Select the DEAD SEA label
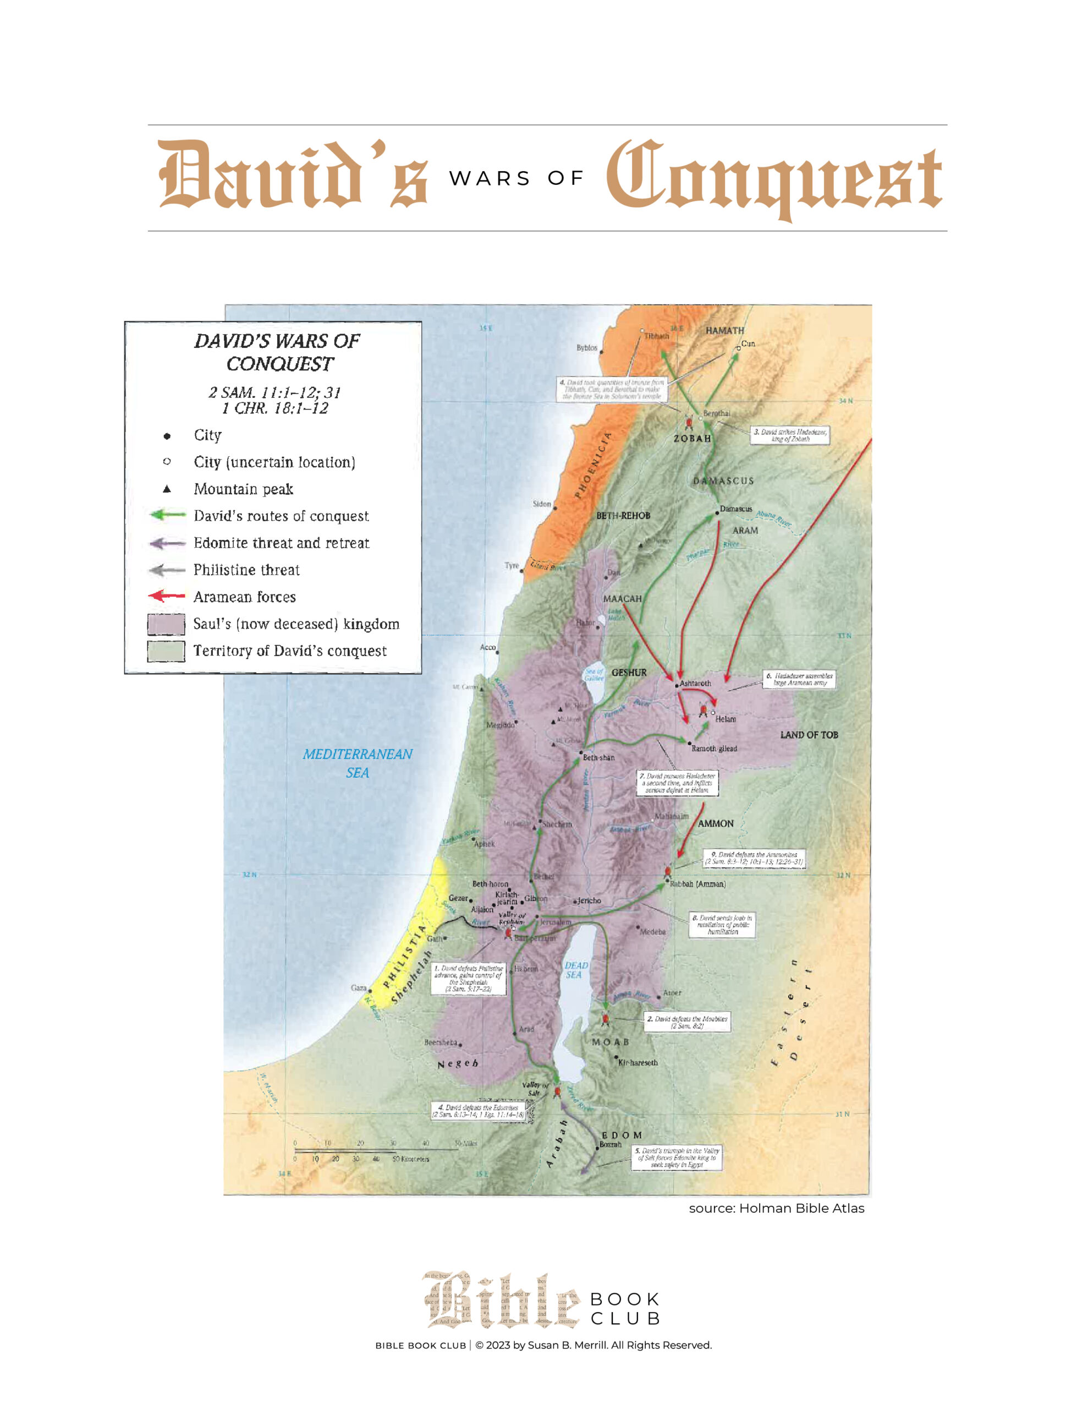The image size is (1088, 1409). [x=575, y=970]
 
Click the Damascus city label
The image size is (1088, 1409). [x=735, y=509]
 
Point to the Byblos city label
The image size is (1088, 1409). [x=586, y=348]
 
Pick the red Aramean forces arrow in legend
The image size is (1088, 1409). [x=167, y=596]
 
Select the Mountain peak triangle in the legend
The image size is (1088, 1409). [x=167, y=489]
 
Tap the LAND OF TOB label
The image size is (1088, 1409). [x=808, y=735]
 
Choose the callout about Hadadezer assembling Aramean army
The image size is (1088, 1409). [x=799, y=679]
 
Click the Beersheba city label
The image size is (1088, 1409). [x=441, y=1042]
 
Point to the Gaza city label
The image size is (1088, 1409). [x=358, y=988]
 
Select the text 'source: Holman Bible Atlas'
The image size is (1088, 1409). [x=776, y=1208]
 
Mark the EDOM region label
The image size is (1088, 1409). [x=621, y=1135]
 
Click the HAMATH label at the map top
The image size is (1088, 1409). [x=724, y=330]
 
